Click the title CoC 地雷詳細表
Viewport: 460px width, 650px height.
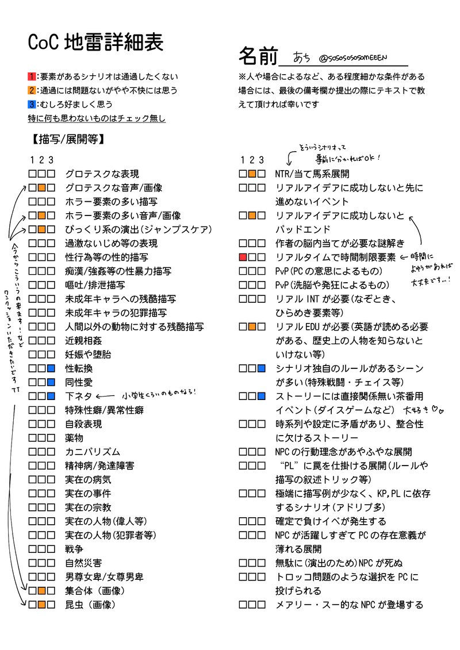point(96,42)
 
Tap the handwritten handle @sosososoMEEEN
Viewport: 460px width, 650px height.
point(352,58)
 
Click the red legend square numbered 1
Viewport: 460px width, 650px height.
point(32,76)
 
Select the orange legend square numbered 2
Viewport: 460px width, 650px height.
point(32,90)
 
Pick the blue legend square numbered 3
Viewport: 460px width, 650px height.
point(32,104)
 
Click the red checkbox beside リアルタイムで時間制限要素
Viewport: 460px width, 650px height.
point(243,257)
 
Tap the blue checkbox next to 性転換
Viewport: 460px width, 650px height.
point(51,368)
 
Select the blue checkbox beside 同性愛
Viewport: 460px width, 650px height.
point(51,382)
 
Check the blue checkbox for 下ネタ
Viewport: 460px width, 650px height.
point(51,396)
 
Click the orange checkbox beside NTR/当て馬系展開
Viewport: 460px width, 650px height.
point(252,174)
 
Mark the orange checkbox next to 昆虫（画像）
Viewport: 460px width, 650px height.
point(41,605)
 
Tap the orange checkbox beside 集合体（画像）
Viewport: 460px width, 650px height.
point(41,590)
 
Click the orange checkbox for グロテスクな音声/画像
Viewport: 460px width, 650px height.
point(41,188)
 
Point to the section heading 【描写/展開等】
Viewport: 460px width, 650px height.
point(67,139)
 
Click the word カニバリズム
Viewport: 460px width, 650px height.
point(93,452)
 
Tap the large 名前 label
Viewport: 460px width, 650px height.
point(258,56)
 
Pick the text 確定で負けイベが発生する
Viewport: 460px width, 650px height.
point(331,521)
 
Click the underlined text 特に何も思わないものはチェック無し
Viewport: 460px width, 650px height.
point(97,118)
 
